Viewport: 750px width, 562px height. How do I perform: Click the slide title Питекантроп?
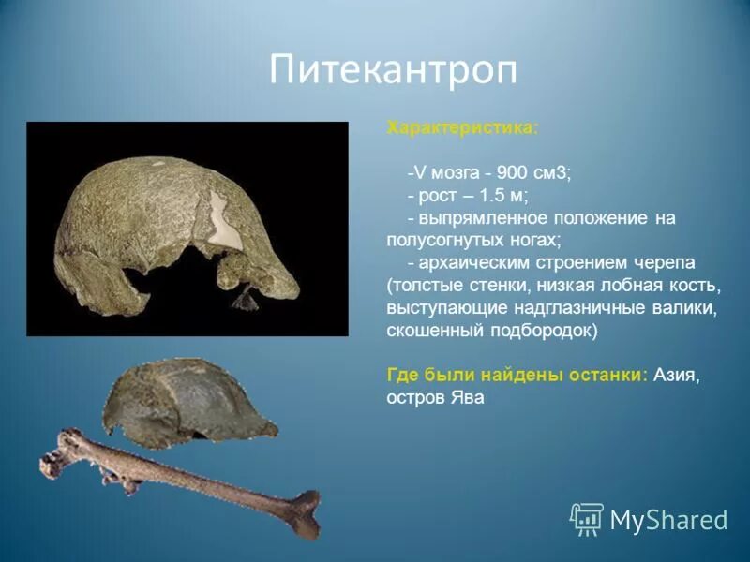point(393,70)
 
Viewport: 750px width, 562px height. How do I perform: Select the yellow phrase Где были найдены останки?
point(517,375)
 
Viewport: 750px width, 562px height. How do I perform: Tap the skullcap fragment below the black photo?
point(187,401)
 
